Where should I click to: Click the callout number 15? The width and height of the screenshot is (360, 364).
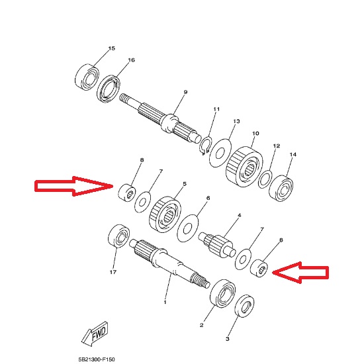point(112,48)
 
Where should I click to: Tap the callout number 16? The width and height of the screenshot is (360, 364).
point(132,60)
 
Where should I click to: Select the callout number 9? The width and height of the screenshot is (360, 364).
point(185,92)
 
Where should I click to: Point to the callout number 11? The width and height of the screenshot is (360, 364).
point(216,109)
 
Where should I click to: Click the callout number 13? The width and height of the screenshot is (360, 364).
point(236,121)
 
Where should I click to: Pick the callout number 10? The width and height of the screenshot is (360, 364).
point(255,134)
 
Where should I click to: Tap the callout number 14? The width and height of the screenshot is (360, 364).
point(293,154)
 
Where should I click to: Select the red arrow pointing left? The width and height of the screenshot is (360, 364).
point(300,272)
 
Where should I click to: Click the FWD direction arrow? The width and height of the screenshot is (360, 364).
point(95,334)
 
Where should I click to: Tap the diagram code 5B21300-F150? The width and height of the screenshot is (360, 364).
point(97,359)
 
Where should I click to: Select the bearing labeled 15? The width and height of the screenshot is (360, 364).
point(87,77)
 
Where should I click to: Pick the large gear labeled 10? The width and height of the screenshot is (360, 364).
point(244,166)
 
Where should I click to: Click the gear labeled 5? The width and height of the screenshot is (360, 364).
point(165,214)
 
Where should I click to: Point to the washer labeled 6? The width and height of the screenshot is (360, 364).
point(188,228)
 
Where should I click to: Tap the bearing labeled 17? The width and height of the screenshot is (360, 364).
point(119,236)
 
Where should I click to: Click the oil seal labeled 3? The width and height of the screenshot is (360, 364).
point(244,306)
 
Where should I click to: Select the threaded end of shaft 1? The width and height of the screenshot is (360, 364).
point(200,281)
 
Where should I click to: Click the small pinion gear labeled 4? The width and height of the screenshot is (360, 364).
point(217,246)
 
